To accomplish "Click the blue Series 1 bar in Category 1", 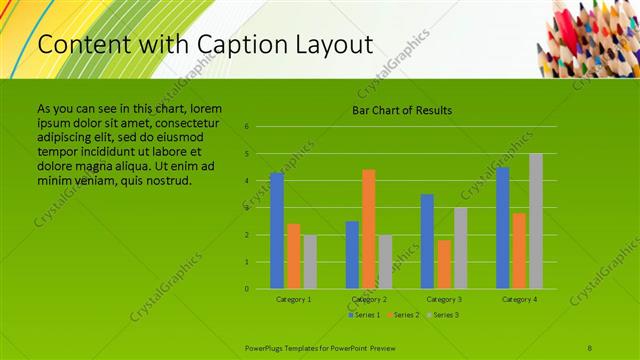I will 277,231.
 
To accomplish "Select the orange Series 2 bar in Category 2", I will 368,229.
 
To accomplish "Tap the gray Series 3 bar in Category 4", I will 535,221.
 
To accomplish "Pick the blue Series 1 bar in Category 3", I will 427,241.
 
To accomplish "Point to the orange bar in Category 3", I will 443,264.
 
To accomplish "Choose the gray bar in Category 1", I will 310,262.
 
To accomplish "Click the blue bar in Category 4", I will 502,228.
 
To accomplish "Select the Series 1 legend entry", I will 365,315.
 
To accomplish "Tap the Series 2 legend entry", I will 404,315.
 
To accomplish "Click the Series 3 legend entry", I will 443,315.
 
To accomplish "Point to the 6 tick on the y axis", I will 246,127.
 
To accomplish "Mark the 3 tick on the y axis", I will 246,208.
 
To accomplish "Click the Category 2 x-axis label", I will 369,299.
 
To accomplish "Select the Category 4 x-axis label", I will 519,299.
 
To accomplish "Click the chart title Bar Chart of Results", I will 403,110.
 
